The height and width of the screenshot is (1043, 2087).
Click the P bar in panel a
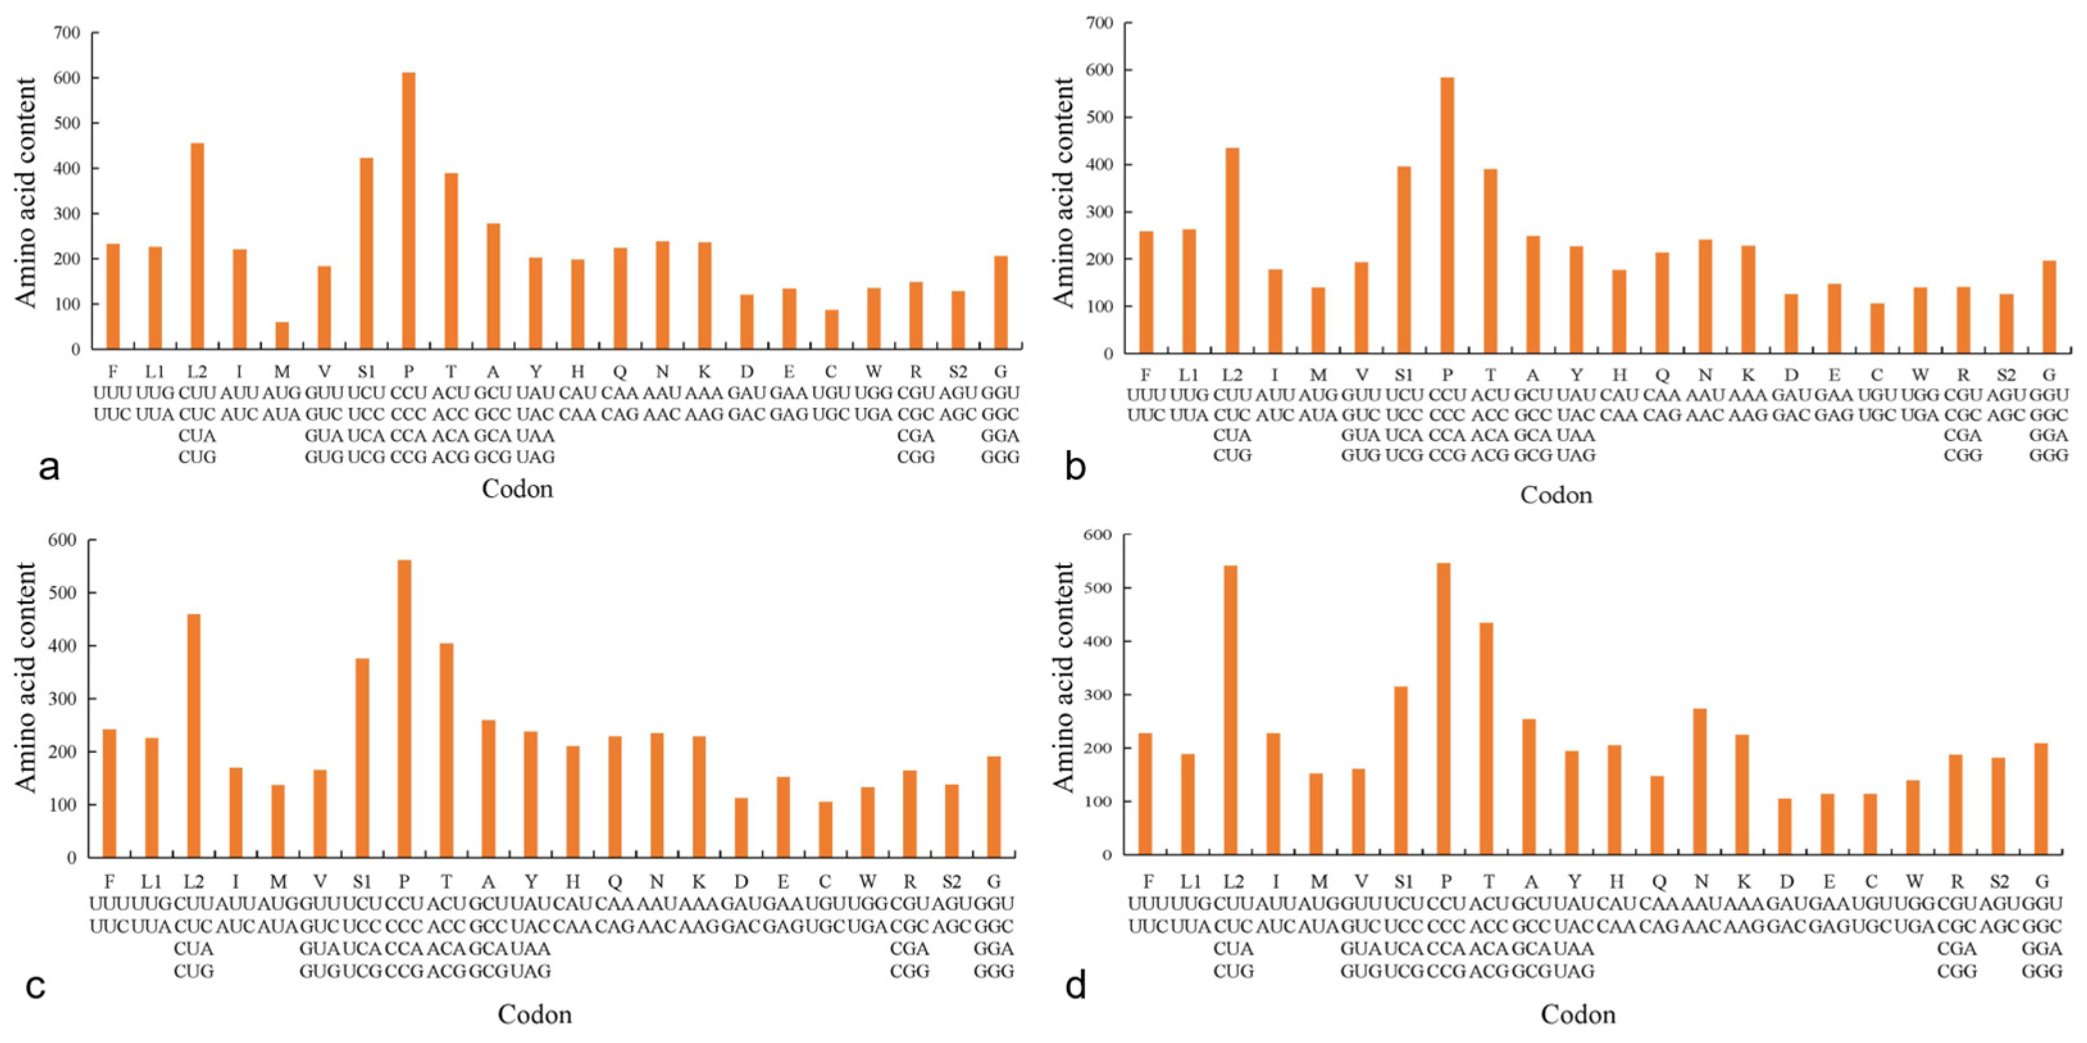[408, 211]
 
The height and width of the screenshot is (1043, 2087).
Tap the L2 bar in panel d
[1231, 709]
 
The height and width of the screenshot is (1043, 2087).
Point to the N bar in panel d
[1701, 781]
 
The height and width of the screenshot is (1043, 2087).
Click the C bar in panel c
[825, 829]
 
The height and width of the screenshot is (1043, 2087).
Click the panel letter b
[1075, 467]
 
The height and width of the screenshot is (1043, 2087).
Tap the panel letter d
[1075, 985]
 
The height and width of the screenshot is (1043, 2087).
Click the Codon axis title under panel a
[517, 489]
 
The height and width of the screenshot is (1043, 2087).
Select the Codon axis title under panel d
[1578, 1014]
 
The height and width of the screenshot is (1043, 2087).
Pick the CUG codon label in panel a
[197, 457]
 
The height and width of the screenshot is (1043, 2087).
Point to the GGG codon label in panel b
[2049, 455]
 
